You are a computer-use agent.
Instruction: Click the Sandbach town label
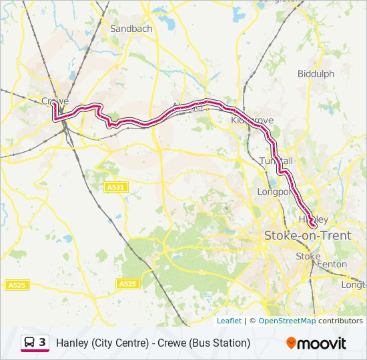(x=131, y=29)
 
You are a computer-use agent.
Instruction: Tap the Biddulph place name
(x=316, y=74)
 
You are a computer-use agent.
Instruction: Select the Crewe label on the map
(x=55, y=101)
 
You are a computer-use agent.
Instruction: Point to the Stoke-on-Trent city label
(x=308, y=235)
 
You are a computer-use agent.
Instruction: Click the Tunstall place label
(x=276, y=161)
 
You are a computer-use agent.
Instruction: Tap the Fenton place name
(x=332, y=264)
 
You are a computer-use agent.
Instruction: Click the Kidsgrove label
(x=252, y=121)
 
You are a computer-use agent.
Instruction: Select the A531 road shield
(x=115, y=188)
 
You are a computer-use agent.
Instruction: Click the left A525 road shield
(x=17, y=285)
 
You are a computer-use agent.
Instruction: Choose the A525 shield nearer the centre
(x=127, y=284)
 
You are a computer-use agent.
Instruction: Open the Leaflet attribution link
(x=229, y=321)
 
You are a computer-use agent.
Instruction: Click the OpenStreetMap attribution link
(x=287, y=321)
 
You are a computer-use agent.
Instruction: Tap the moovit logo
(x=316, y=343)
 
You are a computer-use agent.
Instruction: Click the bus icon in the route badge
(x=29, y=343)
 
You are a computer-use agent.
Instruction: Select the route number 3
(x=43, y=343)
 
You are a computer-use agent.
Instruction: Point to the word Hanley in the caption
(x=72, y=343)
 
